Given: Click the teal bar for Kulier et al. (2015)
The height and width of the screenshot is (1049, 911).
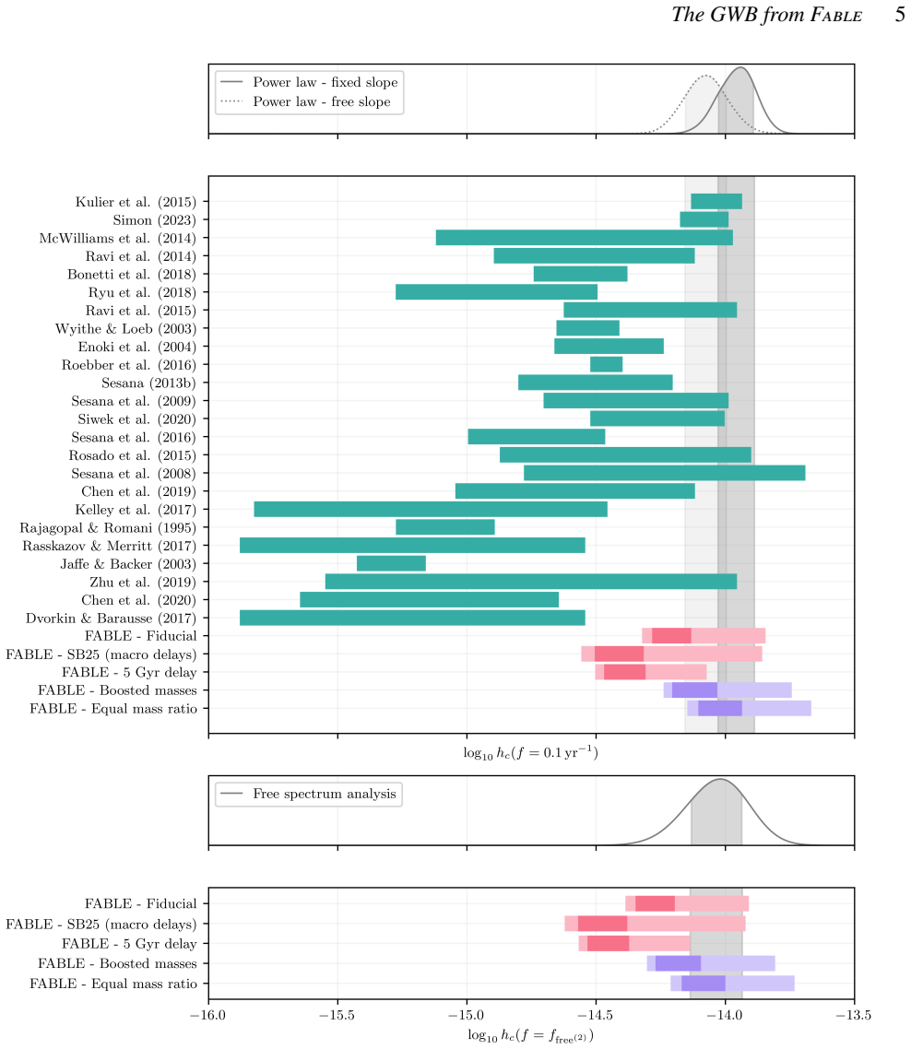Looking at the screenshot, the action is (716, 201).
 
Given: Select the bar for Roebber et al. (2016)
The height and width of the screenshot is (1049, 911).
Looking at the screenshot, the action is (607, 365).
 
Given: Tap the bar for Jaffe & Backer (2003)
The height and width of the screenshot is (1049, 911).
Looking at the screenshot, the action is (391, 563).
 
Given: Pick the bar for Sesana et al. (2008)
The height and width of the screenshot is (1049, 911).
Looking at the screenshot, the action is (664, 473).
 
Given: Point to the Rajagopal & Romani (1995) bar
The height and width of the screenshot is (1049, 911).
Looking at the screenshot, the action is (445, 527).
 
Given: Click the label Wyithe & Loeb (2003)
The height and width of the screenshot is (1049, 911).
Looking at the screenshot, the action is (125, 328).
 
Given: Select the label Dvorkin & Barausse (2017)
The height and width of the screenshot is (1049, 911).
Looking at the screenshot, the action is (112, 619).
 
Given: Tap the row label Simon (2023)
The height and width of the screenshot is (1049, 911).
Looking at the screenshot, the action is (155, 220).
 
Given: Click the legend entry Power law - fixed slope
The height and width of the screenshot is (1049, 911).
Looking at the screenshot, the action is (325, 82).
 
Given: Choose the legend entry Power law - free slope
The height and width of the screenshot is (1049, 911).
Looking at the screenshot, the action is (321, 101).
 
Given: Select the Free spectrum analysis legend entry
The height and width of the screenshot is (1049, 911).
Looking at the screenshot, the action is (325, 794).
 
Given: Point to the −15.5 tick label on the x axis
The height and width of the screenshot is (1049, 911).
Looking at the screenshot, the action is (337, 1016).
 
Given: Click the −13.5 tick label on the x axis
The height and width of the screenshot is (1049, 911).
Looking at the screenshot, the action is (854, 1016).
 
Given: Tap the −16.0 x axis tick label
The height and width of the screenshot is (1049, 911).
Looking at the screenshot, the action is (207, 1016).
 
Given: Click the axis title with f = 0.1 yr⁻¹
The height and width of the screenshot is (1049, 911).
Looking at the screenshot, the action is (531, 753).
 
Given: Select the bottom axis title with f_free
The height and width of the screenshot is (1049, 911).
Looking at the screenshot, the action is (531, 1036).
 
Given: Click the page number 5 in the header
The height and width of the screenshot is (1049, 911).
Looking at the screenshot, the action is (900, 15).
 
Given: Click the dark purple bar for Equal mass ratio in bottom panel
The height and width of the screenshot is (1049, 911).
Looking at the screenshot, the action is (703, 984).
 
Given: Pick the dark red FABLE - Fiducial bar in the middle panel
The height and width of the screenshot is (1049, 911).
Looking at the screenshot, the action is (671, 635).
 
